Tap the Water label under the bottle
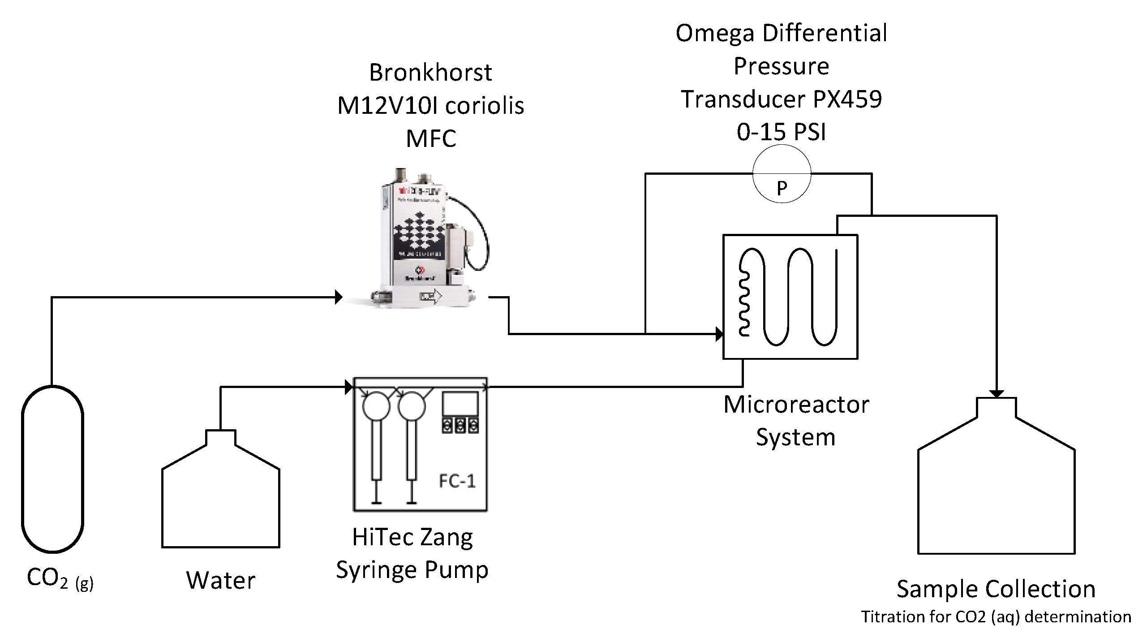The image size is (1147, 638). tap(221, 581)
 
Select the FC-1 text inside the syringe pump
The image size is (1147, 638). tap(457, 481)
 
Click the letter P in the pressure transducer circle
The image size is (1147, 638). tap(782, 189)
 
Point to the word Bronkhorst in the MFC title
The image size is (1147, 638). tap(430, 73)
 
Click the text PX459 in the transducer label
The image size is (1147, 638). tap(847, 99)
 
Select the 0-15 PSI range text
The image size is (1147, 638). tap(782, 132)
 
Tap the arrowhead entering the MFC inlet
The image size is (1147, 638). tap(339, 297)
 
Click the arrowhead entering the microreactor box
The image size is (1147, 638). tap(719, 334)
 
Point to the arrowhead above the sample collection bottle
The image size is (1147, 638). tap(997, 394)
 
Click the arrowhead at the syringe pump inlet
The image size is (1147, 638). tap(349, 387)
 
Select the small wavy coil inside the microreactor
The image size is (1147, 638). tap(744, 305)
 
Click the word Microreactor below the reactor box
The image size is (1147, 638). tap(796, 405)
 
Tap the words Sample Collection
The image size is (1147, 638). tap(996, 589)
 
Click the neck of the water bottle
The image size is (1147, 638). tap(221, 437)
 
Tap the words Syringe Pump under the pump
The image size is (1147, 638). tap(412, 570)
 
